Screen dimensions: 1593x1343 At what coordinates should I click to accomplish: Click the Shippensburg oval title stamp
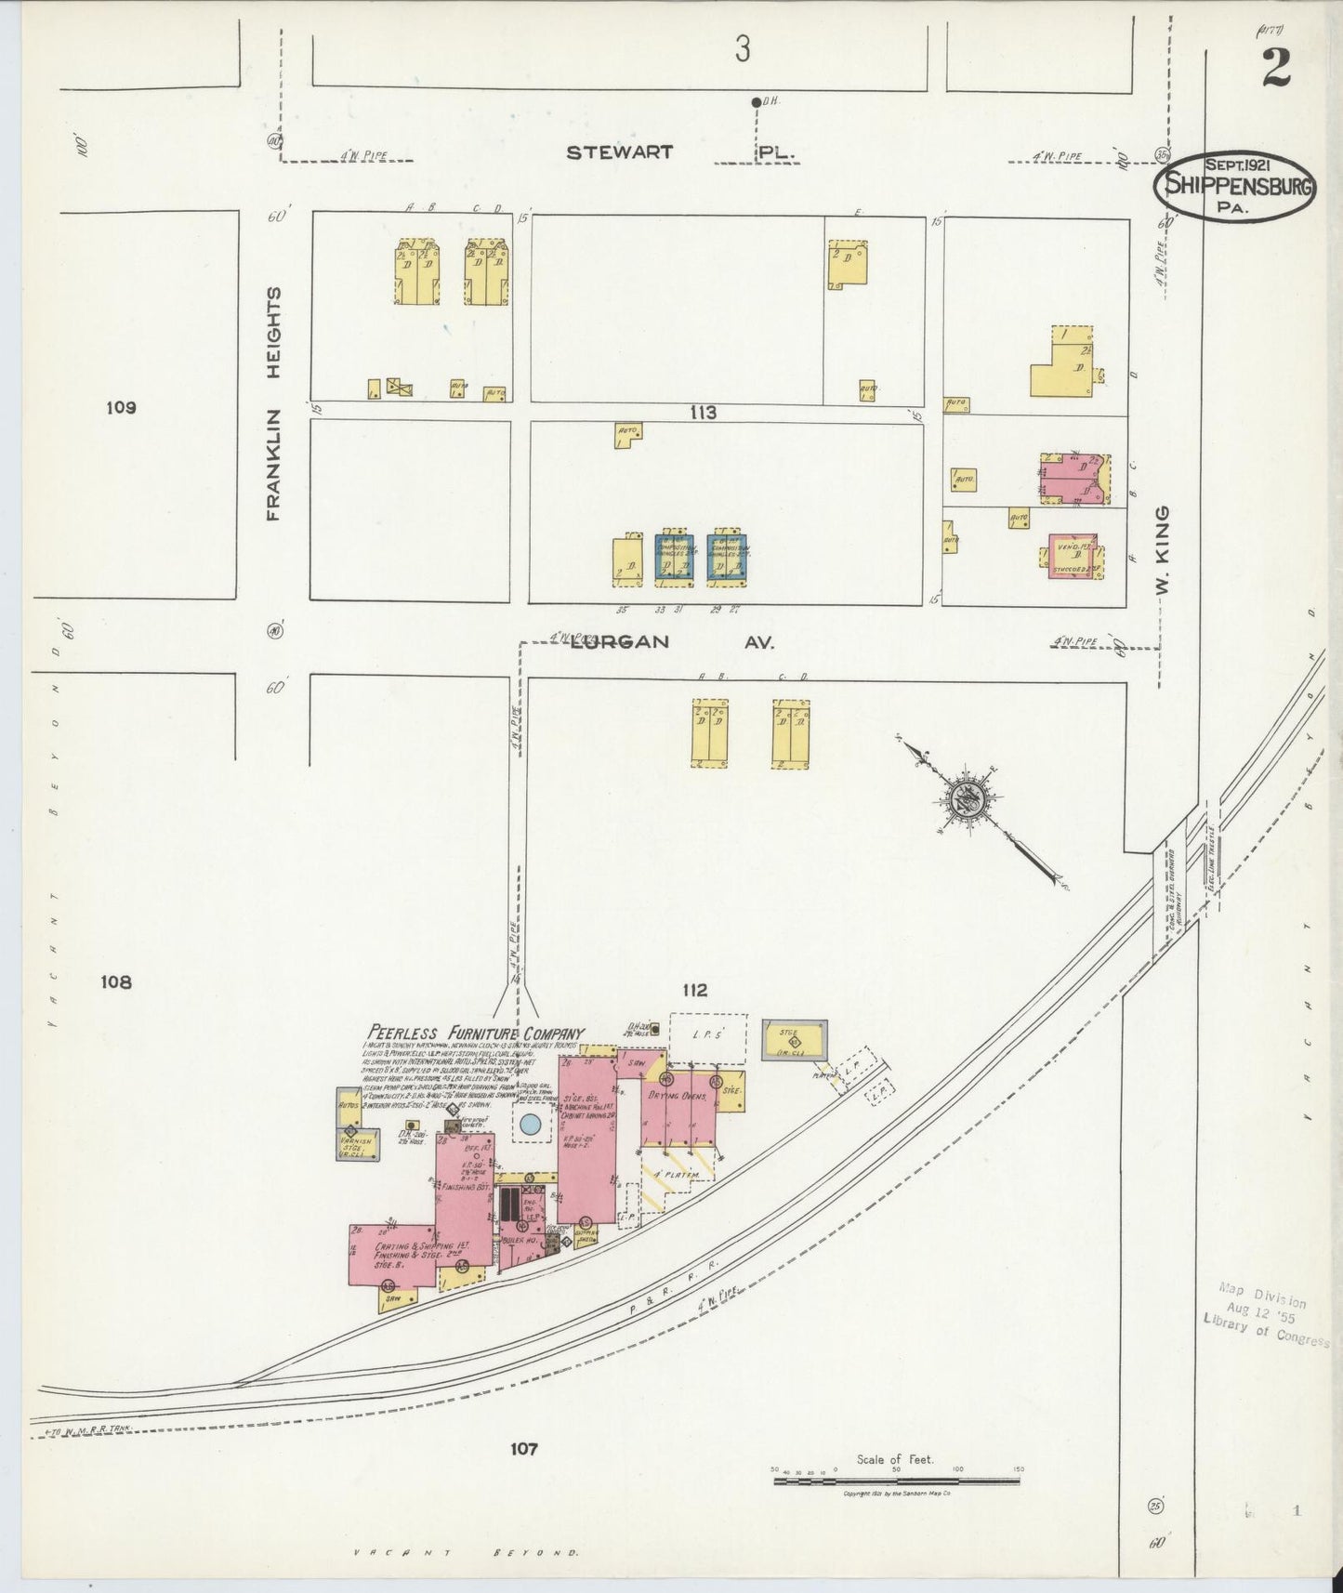point(1233,185)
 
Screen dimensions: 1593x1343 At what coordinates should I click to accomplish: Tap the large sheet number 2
point(1275,67)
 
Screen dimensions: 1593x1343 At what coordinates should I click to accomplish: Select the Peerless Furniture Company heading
point(476,1033)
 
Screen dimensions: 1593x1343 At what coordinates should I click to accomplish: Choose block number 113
point(703,412)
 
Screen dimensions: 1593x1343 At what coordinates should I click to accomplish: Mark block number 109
point(121,407)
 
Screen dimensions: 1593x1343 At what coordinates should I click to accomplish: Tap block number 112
point(693,991)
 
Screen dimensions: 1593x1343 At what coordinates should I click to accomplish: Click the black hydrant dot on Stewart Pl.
point(755,102)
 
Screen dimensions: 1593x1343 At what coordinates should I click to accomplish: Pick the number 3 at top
point(741,49)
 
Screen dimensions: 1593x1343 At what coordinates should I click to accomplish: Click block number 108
point(118,981)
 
